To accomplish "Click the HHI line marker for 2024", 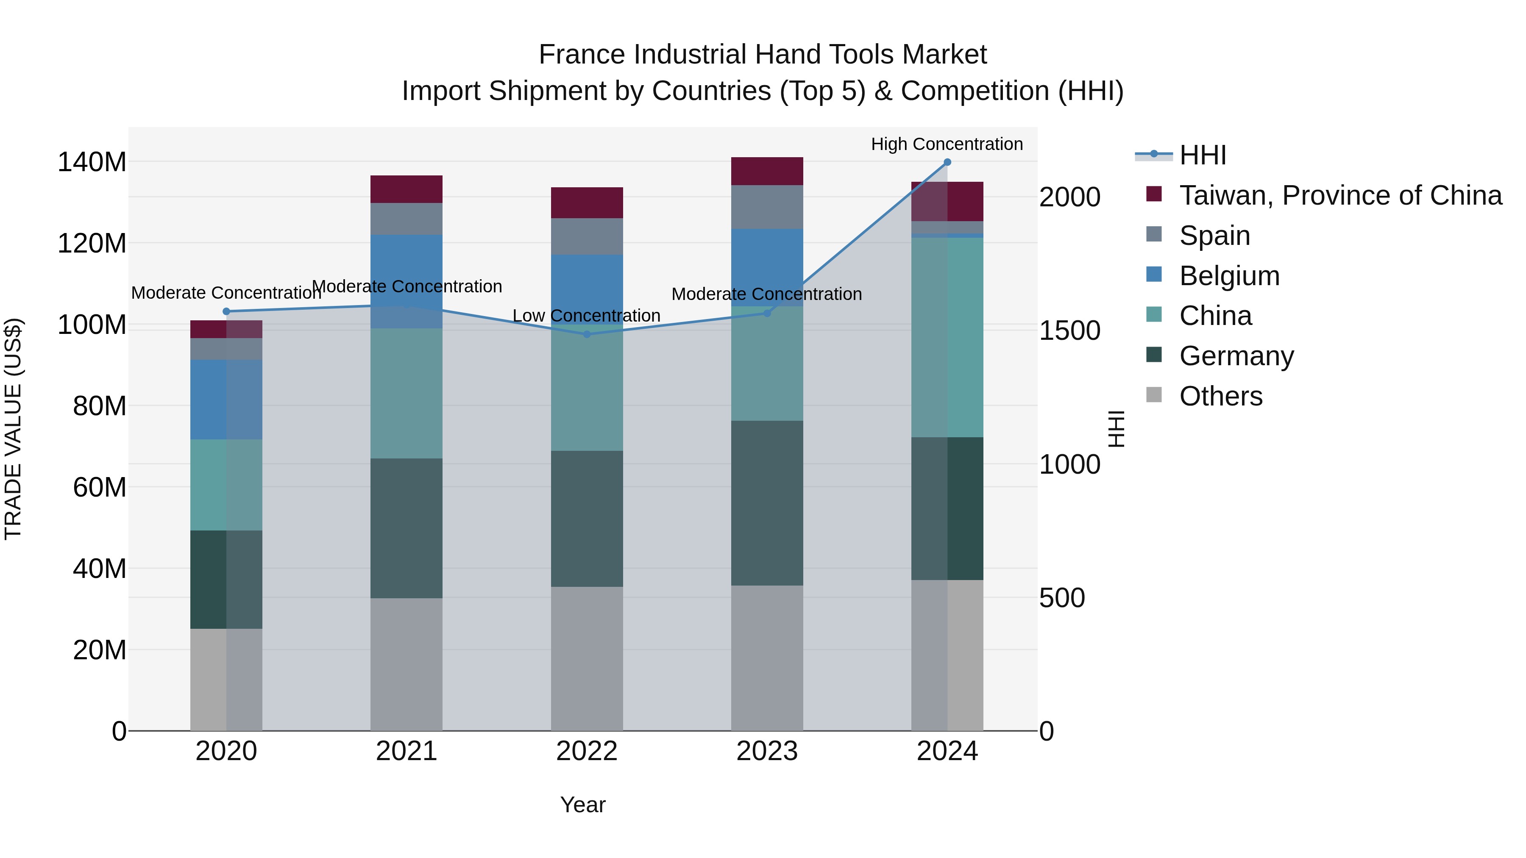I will click(x=947, y=162).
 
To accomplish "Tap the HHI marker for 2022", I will click(x=587, y=335).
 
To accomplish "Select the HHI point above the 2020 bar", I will click(x=226, y=311).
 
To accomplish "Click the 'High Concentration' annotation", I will click(x=947, y=144).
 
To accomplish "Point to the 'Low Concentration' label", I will click(x=587, y=316).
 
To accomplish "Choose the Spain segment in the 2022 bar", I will click(x=587, y=236).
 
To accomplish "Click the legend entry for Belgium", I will click(x=1229, y=276).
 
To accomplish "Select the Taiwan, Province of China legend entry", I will click(x=1340, y=195).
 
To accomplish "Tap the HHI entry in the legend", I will click(x=1202, y=155).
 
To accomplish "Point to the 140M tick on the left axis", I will click(x=92, y=162).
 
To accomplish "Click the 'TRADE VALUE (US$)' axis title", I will click(x=13, y=429).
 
